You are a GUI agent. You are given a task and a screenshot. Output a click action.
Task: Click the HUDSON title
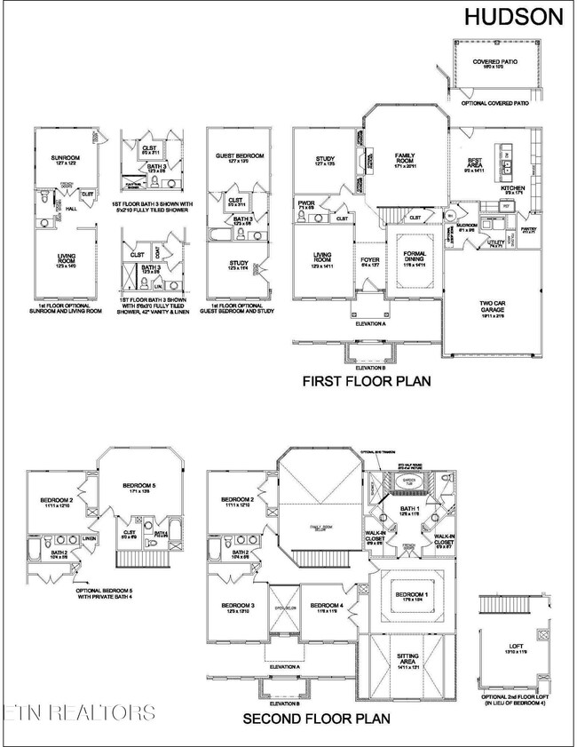[x=515, y=15]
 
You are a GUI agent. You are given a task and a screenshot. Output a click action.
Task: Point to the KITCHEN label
[x=514, y=188]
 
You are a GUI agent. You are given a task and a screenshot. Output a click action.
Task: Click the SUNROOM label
[x=66, y=158]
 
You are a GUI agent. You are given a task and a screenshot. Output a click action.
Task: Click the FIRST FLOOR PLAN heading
[x=367, y=383]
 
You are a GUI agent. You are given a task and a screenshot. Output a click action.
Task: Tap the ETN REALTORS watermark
[x=78, y=712]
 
